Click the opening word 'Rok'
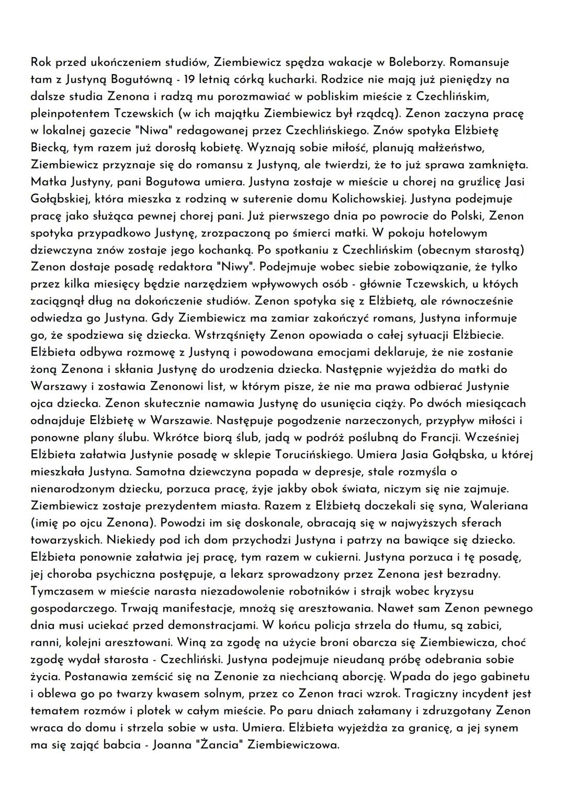coord(41,62)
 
